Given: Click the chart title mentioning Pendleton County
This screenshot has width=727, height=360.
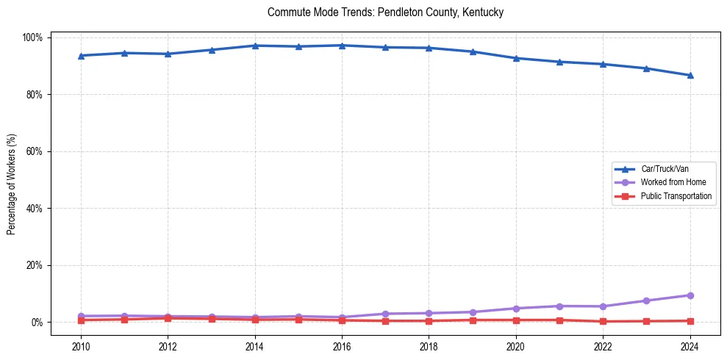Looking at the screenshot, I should [x=385, y=12].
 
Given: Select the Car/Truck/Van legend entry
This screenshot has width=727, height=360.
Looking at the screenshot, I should [x=665, y=169].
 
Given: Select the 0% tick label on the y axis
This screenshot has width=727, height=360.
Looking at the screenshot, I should [x=37, y=323].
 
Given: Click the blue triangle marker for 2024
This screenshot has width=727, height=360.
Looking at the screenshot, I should [x=690, y=75].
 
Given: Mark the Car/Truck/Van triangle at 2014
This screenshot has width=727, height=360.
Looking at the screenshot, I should [x=255, y=46].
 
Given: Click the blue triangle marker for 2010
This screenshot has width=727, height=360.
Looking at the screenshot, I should [x=81, y=56].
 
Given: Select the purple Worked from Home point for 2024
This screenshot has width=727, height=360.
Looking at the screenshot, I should [x=690, y=295].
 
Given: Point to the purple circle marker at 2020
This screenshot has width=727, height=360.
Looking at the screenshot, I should [x=516, y=309].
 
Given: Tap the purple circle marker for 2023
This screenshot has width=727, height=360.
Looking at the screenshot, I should [x=646, y=300].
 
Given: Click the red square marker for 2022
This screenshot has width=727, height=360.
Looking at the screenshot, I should [x=603, y=321].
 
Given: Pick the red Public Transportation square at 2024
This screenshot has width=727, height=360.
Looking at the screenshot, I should [x=690, y=321].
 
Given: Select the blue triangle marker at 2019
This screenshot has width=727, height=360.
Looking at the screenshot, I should [x=473, y=51].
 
